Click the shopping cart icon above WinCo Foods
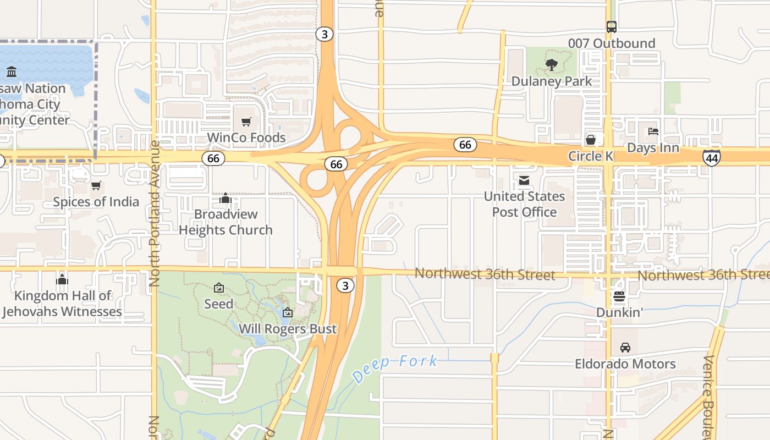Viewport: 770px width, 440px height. pyautogui.click(x=246, y=122)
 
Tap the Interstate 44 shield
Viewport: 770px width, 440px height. pyautogui.click(x=711, y=158)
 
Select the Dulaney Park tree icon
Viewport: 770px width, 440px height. pyautogui.click(x=551, y=65)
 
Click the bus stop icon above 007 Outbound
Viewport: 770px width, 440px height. pyautogui.click(x=611, y=26)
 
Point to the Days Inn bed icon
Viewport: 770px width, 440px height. pyautogui.click(x=653, y=131)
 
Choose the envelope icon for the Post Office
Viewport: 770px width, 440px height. pyautogui.click(x=524, y=180)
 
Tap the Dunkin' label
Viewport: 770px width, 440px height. pyautogui.click(x=620, y=312)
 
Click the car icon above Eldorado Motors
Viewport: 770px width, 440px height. pyautogui.click(x=625, y=348)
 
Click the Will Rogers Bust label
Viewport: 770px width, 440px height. pyautogui.click(x=288, y=329)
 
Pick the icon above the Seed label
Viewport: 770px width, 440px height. pyautogui.click(x=218, y=288)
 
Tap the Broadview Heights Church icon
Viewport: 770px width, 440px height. pyautogui.click(x=225, y=197)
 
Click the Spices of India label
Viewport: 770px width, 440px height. pyautogui.click(x=96, y=202)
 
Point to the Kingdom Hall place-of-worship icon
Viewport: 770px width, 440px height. pyautogui.click(x=62, y=279)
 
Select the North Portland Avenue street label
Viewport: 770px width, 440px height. pyautogui.click(x=155, y=213)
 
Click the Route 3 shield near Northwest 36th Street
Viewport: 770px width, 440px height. pyautogui.click(x=345, y=285)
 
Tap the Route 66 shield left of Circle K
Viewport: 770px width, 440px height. pyautogui.click(x=465, y=145)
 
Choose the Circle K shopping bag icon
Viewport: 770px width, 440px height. pyautogui.click(x=590, y=140)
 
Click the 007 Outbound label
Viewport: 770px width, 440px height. pyautogui.click(x=611, y=43)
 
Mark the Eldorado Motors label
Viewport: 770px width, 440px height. pyautogui.click(x=625, y=364)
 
